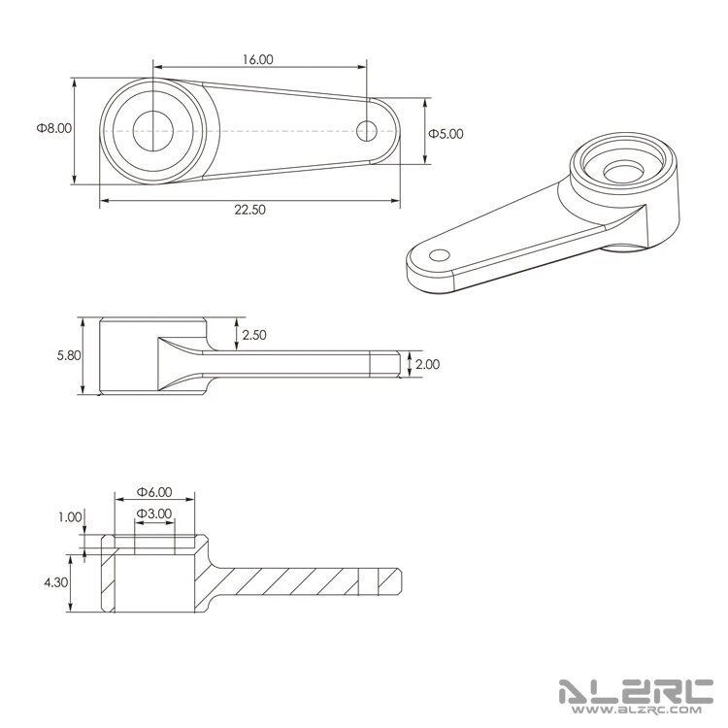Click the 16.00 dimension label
pos(258,59)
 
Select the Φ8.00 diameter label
pos(54,127)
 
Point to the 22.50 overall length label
pos(250,210)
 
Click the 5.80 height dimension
pos(69,356)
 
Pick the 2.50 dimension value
pos(255,335)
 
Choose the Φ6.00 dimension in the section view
pos(154,492)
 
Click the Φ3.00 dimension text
pos(154,513)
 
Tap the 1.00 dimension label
pos(69,517)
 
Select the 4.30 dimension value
pos(57,582)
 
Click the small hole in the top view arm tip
pos(366,129)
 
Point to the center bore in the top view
pos(150,130)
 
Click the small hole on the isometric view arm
pos(440,255)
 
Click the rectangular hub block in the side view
pos(127,356)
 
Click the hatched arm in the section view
pos(291,581)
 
